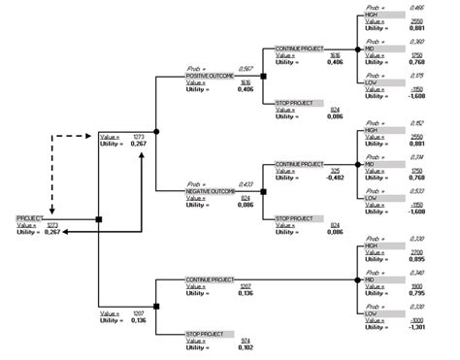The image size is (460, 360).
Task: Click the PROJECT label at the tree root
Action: (28, 219)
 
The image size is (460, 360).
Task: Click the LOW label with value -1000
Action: (371, 312)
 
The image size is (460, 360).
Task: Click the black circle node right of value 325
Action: (354, 164)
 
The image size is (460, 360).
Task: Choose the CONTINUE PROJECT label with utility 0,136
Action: (211, 278)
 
